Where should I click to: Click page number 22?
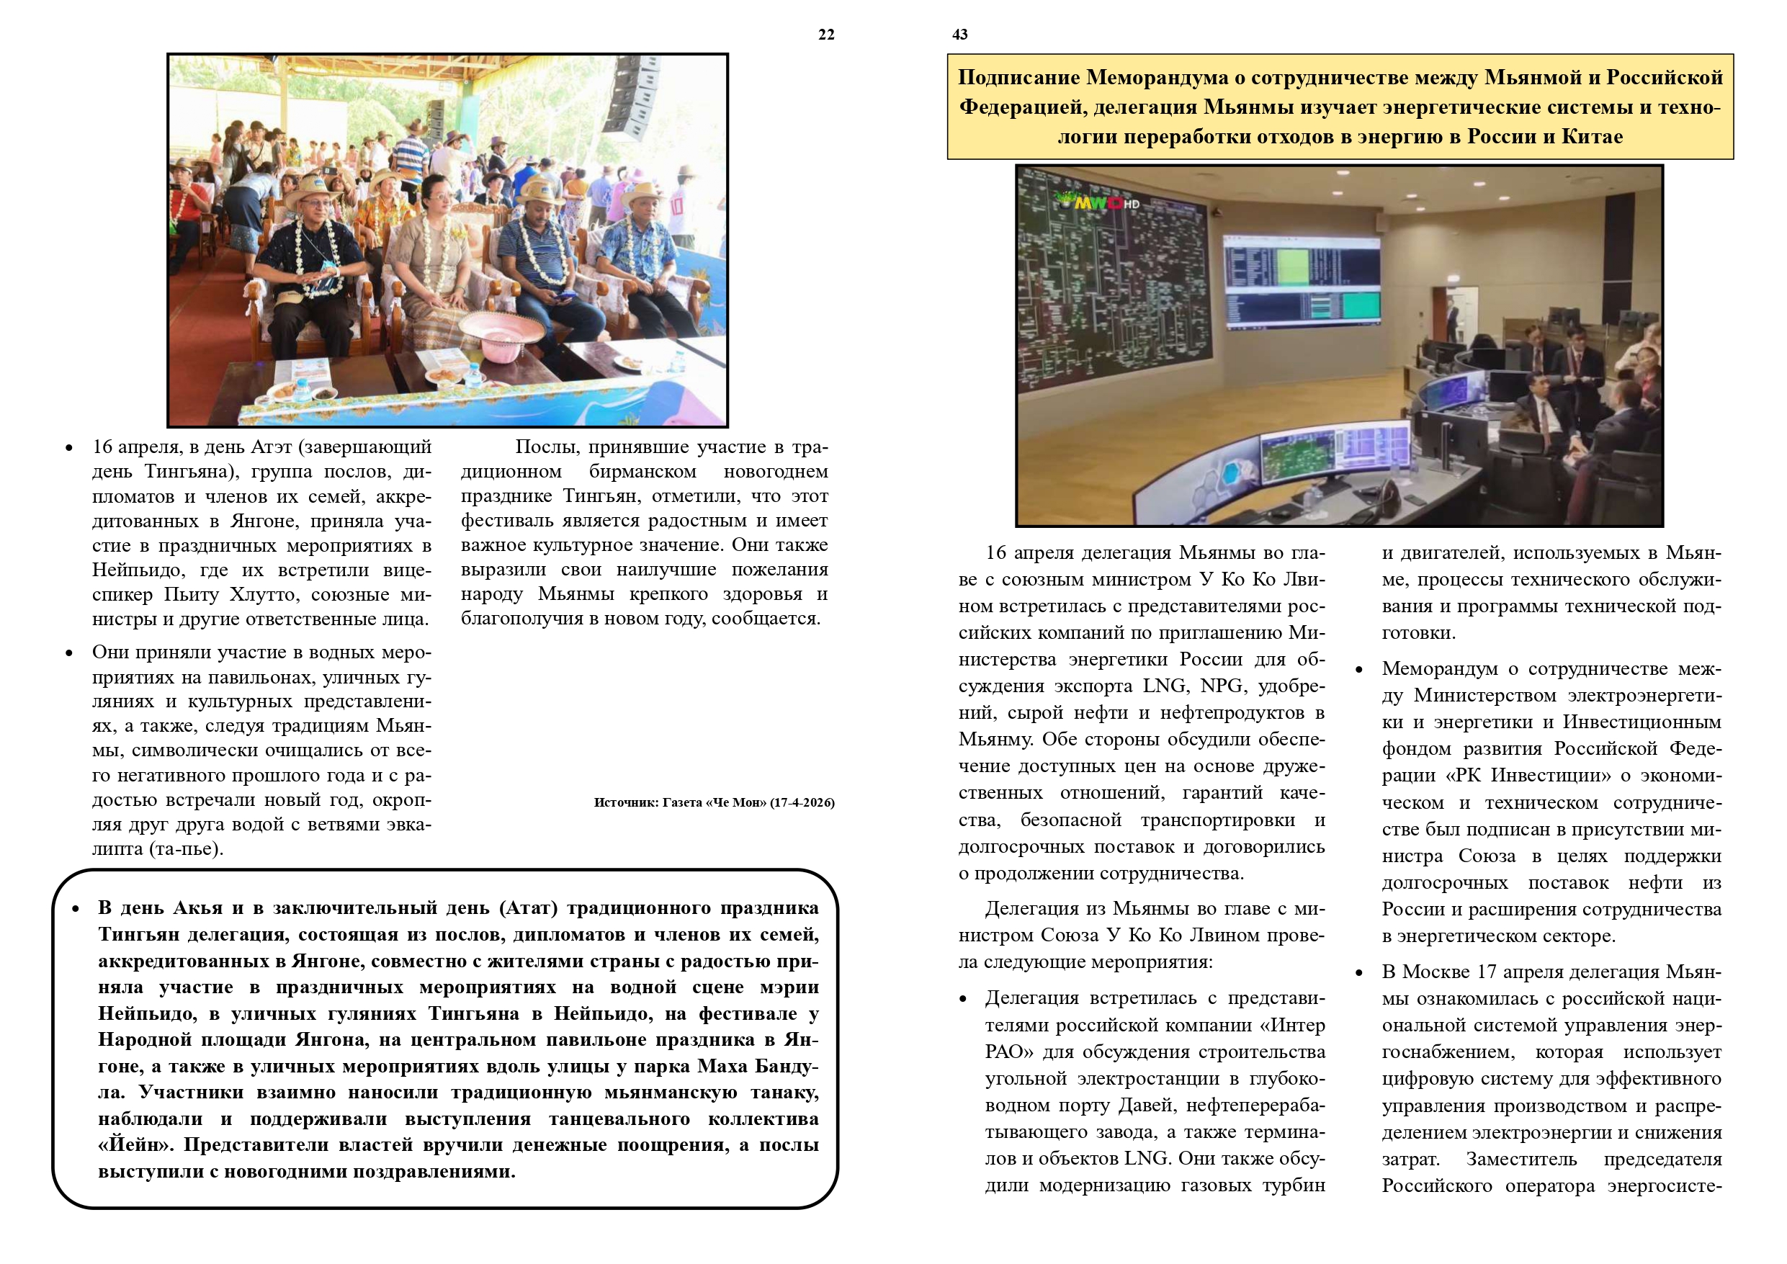pos(825,35)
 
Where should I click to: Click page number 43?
pos(959,35)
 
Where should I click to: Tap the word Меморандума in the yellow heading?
pos(1165,78)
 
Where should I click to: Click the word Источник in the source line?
pos(626,802)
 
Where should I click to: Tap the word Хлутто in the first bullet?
pos(264,595)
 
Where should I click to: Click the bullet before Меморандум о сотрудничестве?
pos(1359,670)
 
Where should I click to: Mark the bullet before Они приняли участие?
pos(69,653)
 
